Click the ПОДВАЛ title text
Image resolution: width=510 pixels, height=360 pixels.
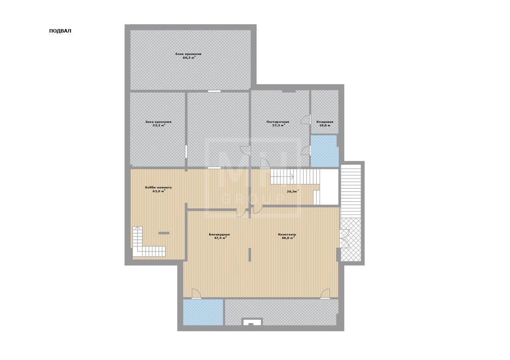click(60, 31)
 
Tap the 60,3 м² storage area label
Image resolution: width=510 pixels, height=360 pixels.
click(189, 58)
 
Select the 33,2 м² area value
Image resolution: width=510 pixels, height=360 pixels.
click(159, 125)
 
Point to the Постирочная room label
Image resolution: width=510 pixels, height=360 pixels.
click(278, 122)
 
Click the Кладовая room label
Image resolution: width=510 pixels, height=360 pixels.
click(325, 122)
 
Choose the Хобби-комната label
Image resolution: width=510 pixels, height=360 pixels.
click(158, 188)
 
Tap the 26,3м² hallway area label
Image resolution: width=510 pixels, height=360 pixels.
click(293, 192)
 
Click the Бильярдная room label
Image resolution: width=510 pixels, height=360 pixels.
click(219, 235)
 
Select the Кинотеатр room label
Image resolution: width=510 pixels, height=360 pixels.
click(287, 235)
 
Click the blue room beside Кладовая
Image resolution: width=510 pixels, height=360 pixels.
click(324, 151)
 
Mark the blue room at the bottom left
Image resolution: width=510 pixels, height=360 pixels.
click(203, 312)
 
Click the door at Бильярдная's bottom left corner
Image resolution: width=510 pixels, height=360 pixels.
click(196, 293)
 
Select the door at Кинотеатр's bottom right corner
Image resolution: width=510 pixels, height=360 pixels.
click(326, 293)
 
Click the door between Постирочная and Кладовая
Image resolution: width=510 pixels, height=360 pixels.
click(306, 119)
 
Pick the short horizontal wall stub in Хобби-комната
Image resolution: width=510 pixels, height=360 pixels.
click(164, 233)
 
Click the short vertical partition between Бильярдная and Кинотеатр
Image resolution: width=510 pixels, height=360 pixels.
click(249, 254)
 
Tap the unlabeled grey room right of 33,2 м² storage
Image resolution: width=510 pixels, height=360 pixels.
click(218, 129)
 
